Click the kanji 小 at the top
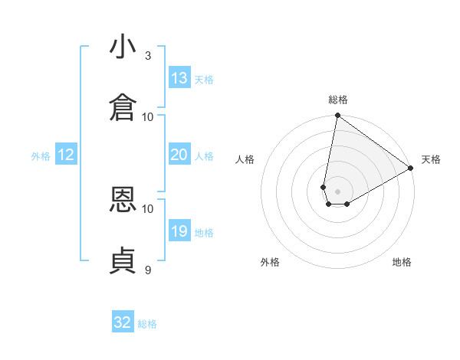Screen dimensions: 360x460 tap(123, 48)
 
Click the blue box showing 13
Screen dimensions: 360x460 tap(179, 78)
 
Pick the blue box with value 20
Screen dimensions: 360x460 tap(179, 155)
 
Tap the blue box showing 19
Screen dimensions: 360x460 tap(179, 231)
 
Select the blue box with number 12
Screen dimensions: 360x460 tap(66, 155)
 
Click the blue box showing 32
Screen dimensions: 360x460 tap(123, 322)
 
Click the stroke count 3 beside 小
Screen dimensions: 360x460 tap(148, 56)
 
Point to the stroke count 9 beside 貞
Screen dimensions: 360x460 tap(148, 270)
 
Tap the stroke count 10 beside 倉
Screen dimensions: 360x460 tap(148, 116)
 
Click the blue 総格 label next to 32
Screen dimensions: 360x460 tap(147, 324)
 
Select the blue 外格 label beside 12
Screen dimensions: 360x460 tap(41, 156)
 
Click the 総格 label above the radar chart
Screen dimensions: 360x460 tap(338, 100)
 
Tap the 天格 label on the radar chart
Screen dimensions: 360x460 tap(431, 159)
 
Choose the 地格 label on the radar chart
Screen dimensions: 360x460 tap(402, 262)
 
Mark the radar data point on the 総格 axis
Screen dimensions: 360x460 tap(337, 116)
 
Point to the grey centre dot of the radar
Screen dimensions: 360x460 tap(337, 191)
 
